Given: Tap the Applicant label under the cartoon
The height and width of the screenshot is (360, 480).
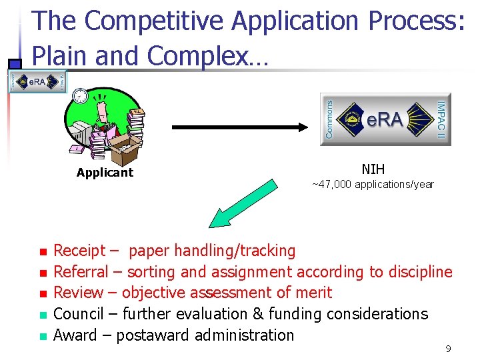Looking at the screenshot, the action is tap(105, 173).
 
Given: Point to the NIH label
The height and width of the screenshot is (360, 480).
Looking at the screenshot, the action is tap(373, 169).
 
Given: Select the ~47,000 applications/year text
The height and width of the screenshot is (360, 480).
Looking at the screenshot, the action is tap(373, 184).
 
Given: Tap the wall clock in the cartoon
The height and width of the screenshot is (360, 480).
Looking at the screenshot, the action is tap(80, 95).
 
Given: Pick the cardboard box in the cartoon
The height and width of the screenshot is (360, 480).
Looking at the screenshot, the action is tap(124, 149).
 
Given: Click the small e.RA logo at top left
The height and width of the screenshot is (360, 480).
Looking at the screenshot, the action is tap(37, 81).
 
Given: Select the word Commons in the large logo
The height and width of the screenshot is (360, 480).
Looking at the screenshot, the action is tap(329, 119).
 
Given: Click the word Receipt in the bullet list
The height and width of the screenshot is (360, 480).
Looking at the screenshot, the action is tap(79, 251).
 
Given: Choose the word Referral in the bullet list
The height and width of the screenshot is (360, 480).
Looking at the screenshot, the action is tap(80, 272).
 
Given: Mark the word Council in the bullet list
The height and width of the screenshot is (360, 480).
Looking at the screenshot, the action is tap(78, 314).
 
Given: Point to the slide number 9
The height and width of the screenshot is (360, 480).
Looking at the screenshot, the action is tap(448, 348).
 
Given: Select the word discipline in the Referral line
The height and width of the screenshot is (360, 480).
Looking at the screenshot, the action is tap(420, 272).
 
